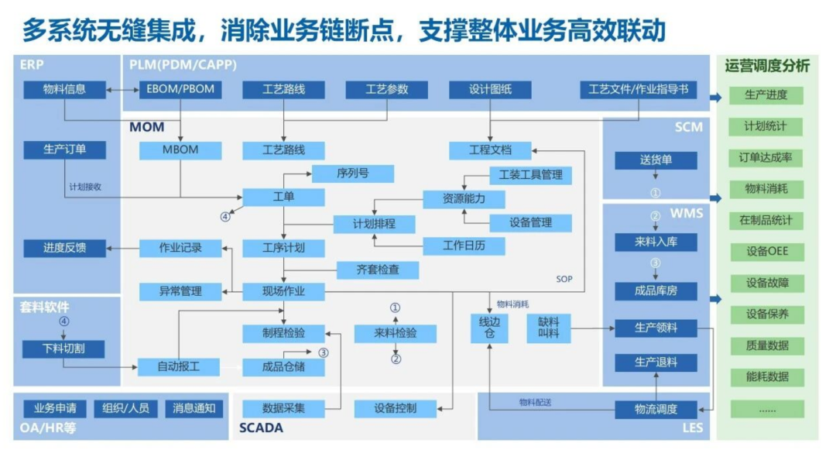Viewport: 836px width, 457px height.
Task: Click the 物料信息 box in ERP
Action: click(64, 90)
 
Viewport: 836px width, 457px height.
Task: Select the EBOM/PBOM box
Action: click(180, 90)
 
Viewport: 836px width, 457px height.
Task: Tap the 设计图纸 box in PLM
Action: click(490, 90)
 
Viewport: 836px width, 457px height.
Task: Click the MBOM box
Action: click(180, 150)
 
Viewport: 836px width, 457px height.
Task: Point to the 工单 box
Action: click(283, 198)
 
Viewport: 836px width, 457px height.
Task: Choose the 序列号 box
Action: click(352, 174)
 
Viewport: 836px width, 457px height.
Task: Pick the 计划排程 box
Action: click(375, 224)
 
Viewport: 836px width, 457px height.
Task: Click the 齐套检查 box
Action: click(378, 270)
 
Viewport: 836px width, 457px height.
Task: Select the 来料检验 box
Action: click(395, 334)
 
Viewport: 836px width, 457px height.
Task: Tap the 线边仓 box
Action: click(489, 328)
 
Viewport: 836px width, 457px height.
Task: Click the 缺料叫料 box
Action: click(549, 328)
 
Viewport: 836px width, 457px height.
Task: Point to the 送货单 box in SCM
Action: click(656, 160)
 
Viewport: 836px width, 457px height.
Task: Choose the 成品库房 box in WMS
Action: click(656, 291)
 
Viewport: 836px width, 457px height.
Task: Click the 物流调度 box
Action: click(656, 410)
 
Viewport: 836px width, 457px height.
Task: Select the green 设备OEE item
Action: click(766, 252)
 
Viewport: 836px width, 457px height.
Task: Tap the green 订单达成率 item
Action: click(766, 158)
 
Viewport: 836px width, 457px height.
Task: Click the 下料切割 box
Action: click(63, 349)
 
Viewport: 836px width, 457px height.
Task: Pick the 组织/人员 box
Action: click(126, 409)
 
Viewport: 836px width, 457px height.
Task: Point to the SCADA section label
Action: click(261, 428)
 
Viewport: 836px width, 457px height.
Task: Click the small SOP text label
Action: click(564, 279)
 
